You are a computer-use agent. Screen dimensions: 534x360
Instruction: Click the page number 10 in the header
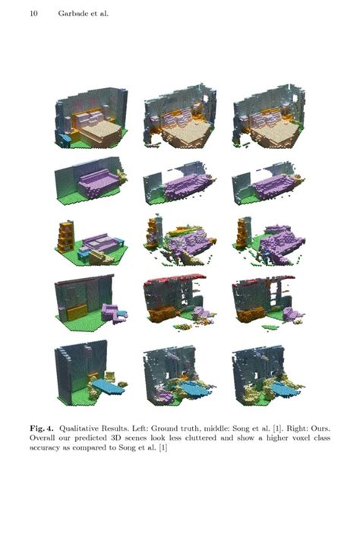pyautogui.click(x=34, y=13)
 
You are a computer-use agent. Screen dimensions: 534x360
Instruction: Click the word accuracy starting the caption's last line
pyautogui.click(x=48, y=448)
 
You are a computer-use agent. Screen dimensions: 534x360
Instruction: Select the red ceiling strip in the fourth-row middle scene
pyautogui.click(x=172, y=280)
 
